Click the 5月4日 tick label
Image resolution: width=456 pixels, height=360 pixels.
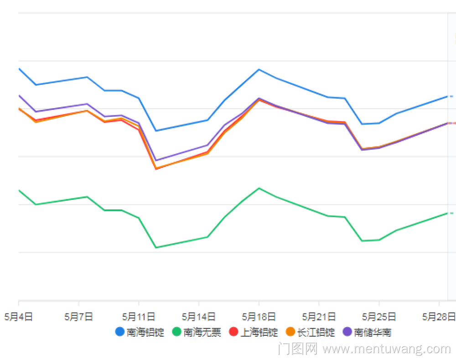point(18,317)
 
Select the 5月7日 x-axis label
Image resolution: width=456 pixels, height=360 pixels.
point(79,317)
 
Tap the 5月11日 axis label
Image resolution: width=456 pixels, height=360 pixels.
point(139,317)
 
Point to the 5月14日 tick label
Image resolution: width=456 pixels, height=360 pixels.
point(198,317)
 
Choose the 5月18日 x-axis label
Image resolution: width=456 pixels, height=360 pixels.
point(259,317)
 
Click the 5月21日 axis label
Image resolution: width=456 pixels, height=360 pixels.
point(319,317)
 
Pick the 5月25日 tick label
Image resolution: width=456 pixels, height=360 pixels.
point(379,317)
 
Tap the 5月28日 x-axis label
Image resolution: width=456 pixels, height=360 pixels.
point(439,317)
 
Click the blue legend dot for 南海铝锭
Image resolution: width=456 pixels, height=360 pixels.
point(120,332)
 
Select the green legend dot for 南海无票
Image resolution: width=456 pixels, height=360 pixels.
point(176,332)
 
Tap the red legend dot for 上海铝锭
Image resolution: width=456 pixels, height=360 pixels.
point(233,332)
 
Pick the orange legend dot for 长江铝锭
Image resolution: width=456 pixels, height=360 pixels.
point(290,332)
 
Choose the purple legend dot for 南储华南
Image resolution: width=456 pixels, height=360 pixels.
point(347,332)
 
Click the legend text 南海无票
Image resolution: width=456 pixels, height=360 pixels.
point(202,332)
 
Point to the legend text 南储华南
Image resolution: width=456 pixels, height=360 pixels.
point(373,332)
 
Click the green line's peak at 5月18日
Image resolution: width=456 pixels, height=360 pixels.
point(259,188)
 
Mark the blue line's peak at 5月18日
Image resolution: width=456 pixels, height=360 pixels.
point(259,69)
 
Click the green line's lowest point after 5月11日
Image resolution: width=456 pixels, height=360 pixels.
point(156,247)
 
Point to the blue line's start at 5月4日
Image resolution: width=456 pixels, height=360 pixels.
point(19,68)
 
